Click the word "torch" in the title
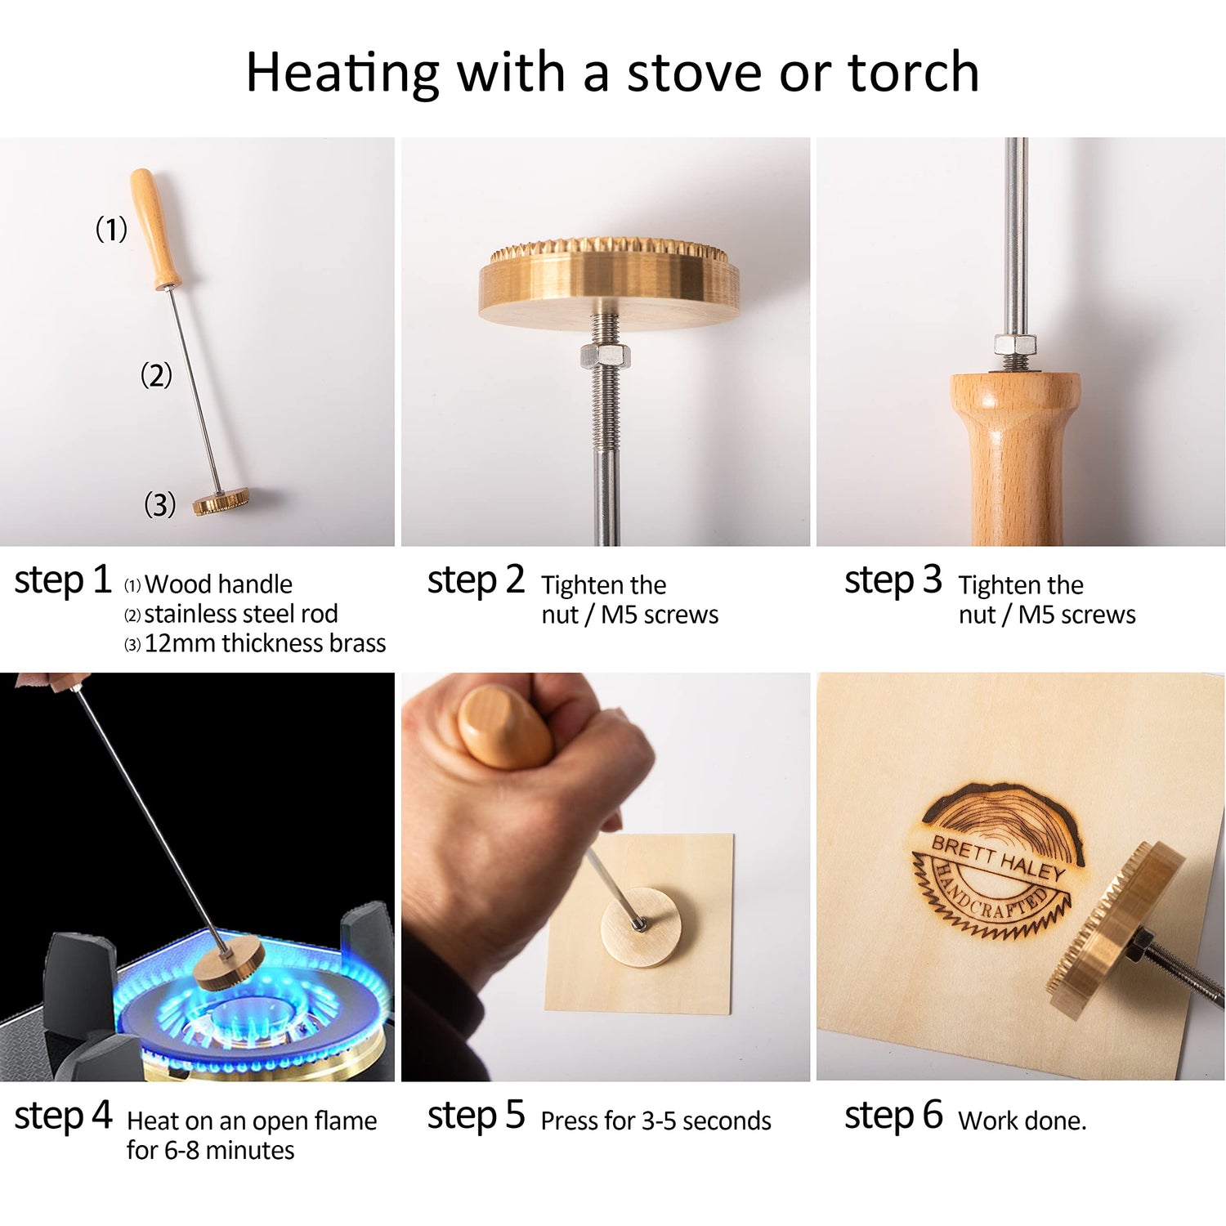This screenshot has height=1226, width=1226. click(x=913, y=72)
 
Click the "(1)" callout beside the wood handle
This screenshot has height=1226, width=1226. click(x=111, y=229)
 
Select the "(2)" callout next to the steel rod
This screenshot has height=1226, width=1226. click(x=156, y=375)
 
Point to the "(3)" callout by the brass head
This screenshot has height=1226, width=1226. click(x=159, y=504)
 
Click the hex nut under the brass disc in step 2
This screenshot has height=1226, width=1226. click(x=604, y=356)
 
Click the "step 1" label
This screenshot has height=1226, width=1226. click(x=62, y=580)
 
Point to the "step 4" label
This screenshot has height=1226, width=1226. click(x=62, y=1116)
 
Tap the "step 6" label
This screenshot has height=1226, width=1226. click(x=893, y=1116)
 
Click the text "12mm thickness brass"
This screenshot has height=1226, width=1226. click(x=264, y=643)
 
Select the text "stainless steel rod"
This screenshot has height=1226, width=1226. click(x=240, y=614)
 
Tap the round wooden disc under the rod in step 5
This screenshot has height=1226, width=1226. click(x=642, y=928)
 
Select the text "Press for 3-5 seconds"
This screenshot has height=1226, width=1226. click(x=656, y=1121)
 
